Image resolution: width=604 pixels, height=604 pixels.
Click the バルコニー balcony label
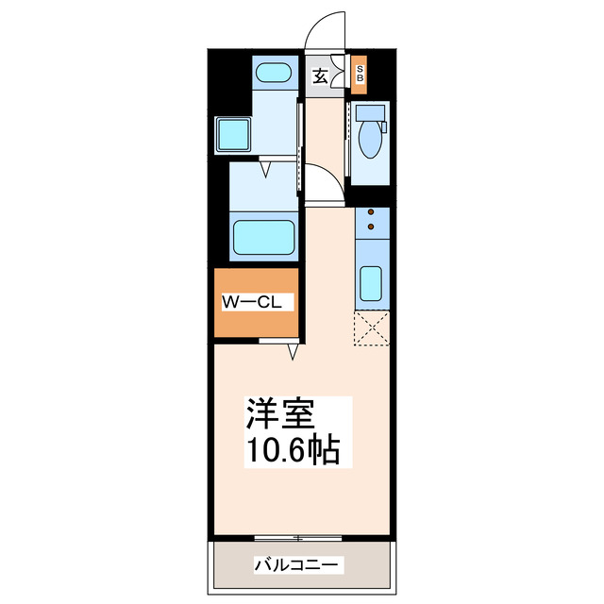[x=297, y=565]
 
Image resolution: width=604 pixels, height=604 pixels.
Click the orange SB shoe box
[x=359, y=75]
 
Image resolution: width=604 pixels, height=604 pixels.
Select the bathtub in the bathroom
[x=265, y=236]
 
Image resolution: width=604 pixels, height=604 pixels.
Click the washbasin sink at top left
[x=275, y=74]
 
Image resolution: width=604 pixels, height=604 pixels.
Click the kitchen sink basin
[x=371, y=284]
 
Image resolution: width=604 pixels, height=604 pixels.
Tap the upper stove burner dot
[x=371, y=213]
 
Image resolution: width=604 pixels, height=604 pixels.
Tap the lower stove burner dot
[x=371, y=227]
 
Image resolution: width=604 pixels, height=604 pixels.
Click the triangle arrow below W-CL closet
[x=294, y=351]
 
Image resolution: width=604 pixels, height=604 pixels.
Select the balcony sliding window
[x=297, y=539]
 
